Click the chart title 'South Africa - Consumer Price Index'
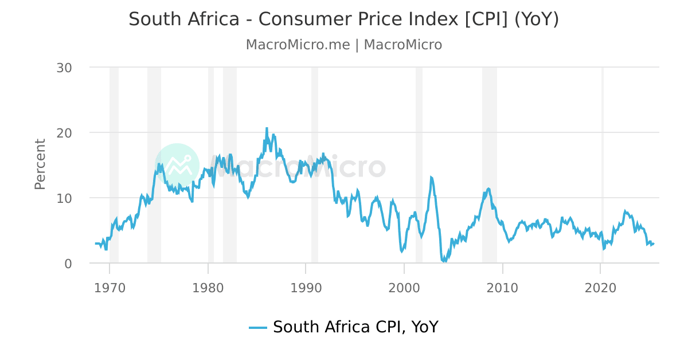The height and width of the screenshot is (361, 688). click(x=343, y=19)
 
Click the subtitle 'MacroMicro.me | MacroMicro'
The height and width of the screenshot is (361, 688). click(x=343, y=45)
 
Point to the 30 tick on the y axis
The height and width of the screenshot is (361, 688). click(x=64, y=68)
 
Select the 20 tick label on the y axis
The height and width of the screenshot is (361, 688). click(x=64, y=133)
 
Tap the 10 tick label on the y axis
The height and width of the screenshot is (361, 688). click(x=64, y=198)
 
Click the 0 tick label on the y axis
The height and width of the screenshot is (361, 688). click(x=68, y=264)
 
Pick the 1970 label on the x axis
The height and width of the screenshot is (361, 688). click(x=110, y=287)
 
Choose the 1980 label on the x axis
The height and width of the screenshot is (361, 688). click(x=208, y=287)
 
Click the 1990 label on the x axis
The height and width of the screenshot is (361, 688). click(x=306, y=287)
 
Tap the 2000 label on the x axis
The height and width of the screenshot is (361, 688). click(x=404, y=287)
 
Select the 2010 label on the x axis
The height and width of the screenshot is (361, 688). click(x=502, y=287)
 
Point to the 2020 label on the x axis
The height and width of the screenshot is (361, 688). click(x=600, y=287)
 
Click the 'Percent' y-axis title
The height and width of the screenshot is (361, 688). click(x=40, y=164)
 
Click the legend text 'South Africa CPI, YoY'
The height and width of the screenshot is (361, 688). click(x=355, y=327)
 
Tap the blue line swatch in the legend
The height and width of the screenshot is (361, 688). click(x=258, y=328)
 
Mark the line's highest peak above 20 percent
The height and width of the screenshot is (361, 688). click(x=267, y=128)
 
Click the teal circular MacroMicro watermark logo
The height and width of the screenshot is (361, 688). click(x=177, y=166)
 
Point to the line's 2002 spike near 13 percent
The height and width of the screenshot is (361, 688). click(x=431, y=178)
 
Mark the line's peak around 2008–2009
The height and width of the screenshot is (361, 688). click(x=488, y=189)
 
